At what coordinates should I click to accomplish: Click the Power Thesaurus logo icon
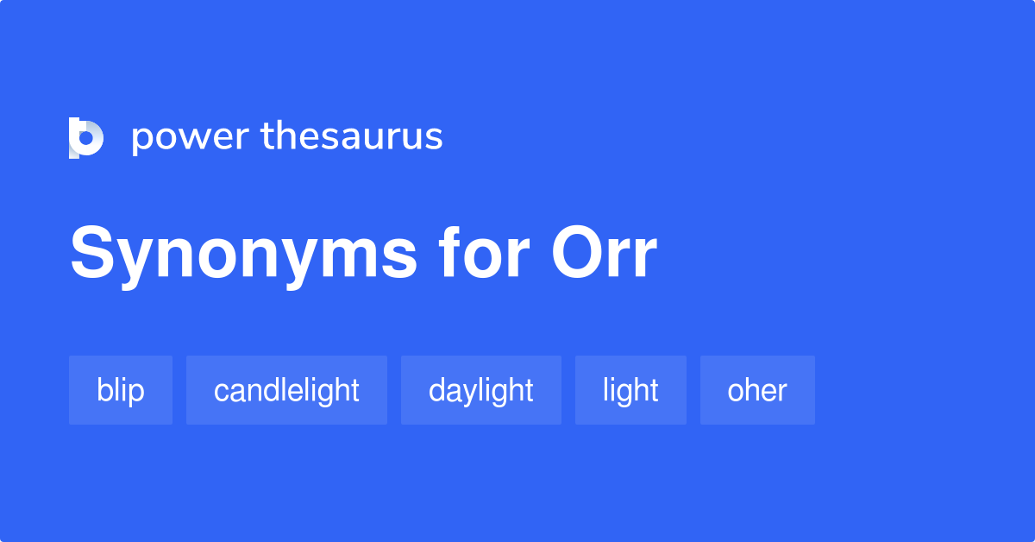pyautogui.click(x=85, y=138)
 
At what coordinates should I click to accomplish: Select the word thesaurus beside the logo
pyautogui.click(x=352, y=136)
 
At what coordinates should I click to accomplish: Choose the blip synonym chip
pyautogui.click(x=121, y=390)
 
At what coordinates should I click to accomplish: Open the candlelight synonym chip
pyautogui.click(x=286, y=390)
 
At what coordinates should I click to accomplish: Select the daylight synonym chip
pyautogui.click(x=480, y=390)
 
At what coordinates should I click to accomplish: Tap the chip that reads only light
pyautogui.click(x=630, y=390)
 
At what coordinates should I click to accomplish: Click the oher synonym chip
pyautogui.click(x=757, y=390)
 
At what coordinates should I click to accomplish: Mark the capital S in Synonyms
pyautogui.click(x=92, y=254)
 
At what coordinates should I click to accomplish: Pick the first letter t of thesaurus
pyautogui.click(x=266, y=136)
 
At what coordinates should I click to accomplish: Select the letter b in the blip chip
pyautogui.click(x=103, y=390)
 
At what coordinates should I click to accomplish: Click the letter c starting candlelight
pyautogui.click(x=220, y=392)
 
